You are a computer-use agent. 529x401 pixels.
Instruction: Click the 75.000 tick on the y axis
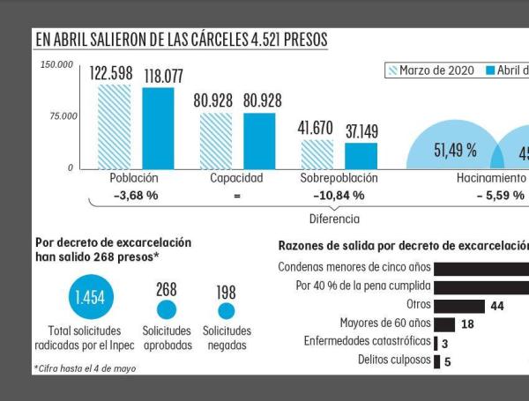(x=63, y=116)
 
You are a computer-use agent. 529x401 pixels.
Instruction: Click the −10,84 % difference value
(x=338, y=195)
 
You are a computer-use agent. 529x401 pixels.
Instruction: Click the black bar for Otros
(x=458, y=304)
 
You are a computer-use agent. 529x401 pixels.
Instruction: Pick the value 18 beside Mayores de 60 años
(x=468, y=323)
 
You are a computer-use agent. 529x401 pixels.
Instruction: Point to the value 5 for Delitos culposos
(x=448, y=360)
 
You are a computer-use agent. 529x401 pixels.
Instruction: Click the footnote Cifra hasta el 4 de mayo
(x=86, y=368)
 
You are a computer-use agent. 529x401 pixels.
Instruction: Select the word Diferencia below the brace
(x=332, y=217)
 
